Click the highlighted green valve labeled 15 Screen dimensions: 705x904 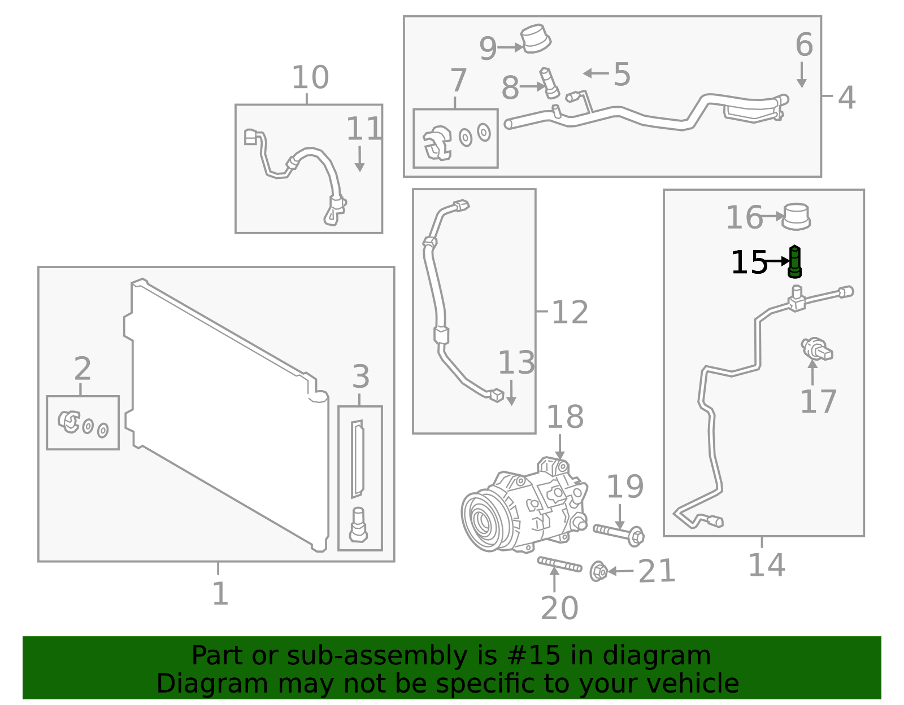794,262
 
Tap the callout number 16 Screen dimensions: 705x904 744,218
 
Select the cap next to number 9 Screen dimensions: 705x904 536,39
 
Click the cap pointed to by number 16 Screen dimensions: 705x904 796,217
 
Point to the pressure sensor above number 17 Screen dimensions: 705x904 816,349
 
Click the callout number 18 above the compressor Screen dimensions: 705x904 564,417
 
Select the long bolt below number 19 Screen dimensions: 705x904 619,532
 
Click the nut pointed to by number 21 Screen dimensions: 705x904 598,571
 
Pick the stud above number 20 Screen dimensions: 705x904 559,564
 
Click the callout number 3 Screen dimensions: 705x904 360,376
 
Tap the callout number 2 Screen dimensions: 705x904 82,369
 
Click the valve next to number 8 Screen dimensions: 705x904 550,83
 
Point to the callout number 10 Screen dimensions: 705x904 310,77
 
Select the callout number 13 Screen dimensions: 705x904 516,363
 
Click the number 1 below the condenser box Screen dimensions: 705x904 220,594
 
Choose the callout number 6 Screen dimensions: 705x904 803,45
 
